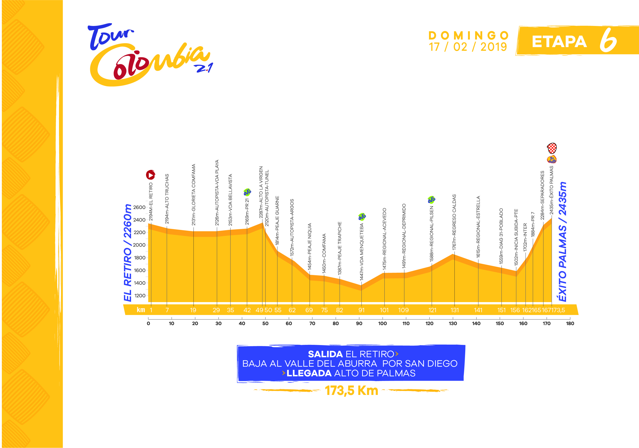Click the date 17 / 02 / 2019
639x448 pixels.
click(468, 47)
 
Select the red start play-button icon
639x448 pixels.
click(151, 175)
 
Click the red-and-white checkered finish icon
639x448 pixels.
click(552, 148)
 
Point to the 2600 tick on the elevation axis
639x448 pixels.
click(139, 207)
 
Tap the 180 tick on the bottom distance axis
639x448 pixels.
click(570, 323)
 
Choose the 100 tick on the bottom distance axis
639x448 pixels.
click(382, 323)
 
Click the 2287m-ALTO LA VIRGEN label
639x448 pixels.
click(261, 192)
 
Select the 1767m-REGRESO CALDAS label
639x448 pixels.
click(454, 222)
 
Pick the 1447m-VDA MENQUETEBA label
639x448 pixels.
click(361, 252)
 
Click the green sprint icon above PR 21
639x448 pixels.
click(247, 192)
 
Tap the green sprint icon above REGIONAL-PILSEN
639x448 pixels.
click(431, 199)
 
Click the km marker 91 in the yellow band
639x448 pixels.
click(361, 310)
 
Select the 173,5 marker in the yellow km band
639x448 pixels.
click(558, 310)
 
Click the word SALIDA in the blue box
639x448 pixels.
click(325, 354)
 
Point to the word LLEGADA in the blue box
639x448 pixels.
click(309, 373)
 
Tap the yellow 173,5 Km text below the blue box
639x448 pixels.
click(351, 391)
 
